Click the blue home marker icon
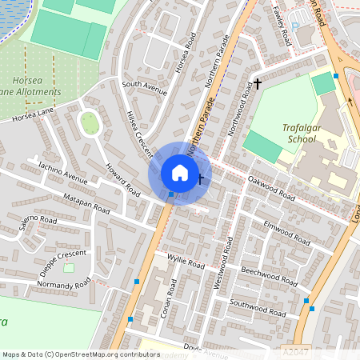click(180, 173)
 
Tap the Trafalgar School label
click(305, 132)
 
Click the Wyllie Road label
click(186, 261)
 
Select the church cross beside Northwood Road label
click(257, 84)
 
